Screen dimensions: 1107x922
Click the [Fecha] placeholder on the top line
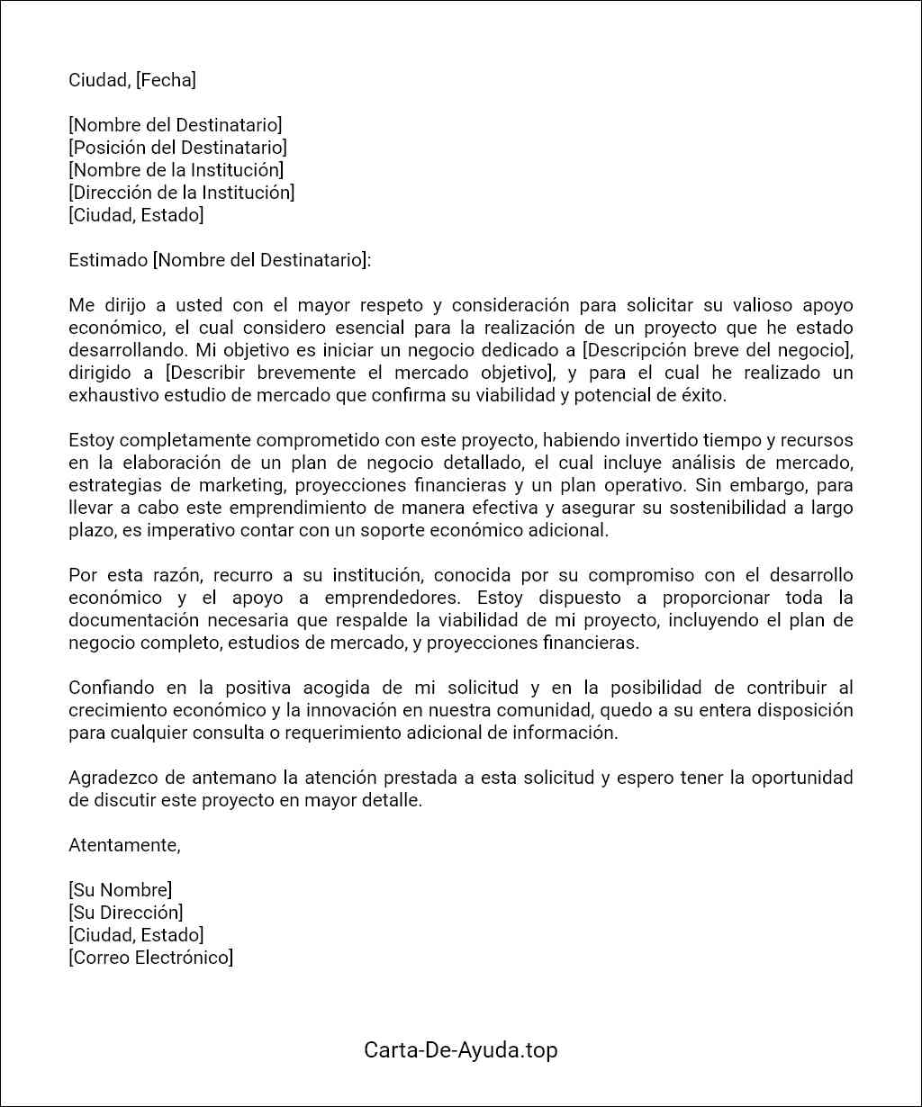click(166, 80)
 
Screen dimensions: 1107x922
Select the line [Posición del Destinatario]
click(178, 148)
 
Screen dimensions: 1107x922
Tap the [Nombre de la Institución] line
click(176, 170)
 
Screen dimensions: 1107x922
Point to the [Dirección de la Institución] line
click(182, 193)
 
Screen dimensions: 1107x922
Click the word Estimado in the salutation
click(107, 260)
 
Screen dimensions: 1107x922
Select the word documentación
click(133, 620)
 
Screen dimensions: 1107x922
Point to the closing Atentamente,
click(124, 845)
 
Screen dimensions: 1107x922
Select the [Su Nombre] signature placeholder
click(121, 890)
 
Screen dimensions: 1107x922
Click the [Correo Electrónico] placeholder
click(151, 958)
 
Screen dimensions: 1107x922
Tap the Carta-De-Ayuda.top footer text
click(461, 1049)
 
